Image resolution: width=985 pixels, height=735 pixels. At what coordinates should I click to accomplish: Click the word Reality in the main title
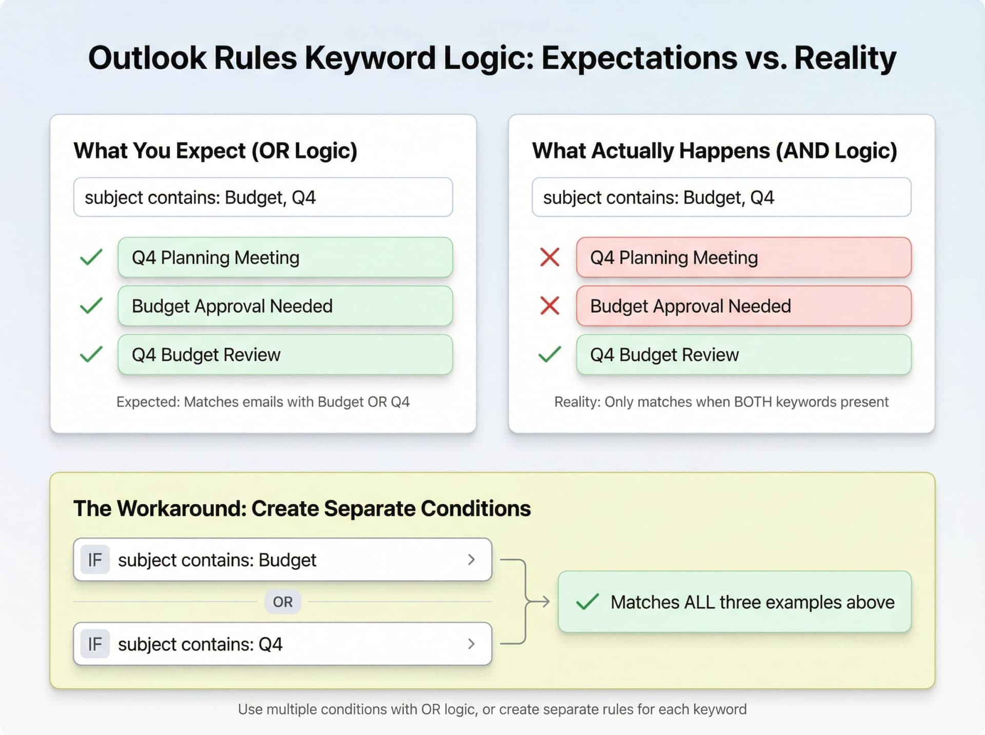[845, 58]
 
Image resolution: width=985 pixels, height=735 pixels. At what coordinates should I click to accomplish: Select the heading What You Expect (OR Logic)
[215, 151]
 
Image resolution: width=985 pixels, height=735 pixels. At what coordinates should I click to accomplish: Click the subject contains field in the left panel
[263, 197]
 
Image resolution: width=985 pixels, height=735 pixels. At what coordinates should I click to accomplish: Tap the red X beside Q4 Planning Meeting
[549, 257]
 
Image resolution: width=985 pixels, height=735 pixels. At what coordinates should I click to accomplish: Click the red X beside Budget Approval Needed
[549, 306]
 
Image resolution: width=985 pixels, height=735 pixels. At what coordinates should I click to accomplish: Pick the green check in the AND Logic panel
[549, 354]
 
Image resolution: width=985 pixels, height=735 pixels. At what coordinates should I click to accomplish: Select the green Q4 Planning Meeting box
[285, 257]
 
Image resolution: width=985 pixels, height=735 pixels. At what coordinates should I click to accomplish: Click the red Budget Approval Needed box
[743, 306]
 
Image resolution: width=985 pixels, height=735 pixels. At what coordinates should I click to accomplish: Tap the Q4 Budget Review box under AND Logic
[743, 354]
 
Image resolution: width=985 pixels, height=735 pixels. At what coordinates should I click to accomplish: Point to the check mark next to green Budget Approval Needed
[91, 306]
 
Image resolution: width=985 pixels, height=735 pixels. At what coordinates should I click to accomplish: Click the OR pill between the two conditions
[283, 602]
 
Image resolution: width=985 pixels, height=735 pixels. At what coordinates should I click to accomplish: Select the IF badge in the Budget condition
[95, 560]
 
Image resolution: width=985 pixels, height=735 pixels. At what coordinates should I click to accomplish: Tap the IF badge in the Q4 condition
[95, 644]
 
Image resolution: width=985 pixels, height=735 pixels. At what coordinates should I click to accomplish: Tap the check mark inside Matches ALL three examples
[587, 602]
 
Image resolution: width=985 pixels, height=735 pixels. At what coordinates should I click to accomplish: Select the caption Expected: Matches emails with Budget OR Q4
[263, 402]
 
